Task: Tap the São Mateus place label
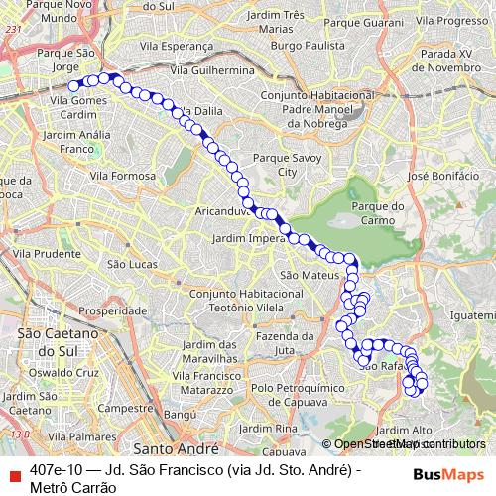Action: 303,274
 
